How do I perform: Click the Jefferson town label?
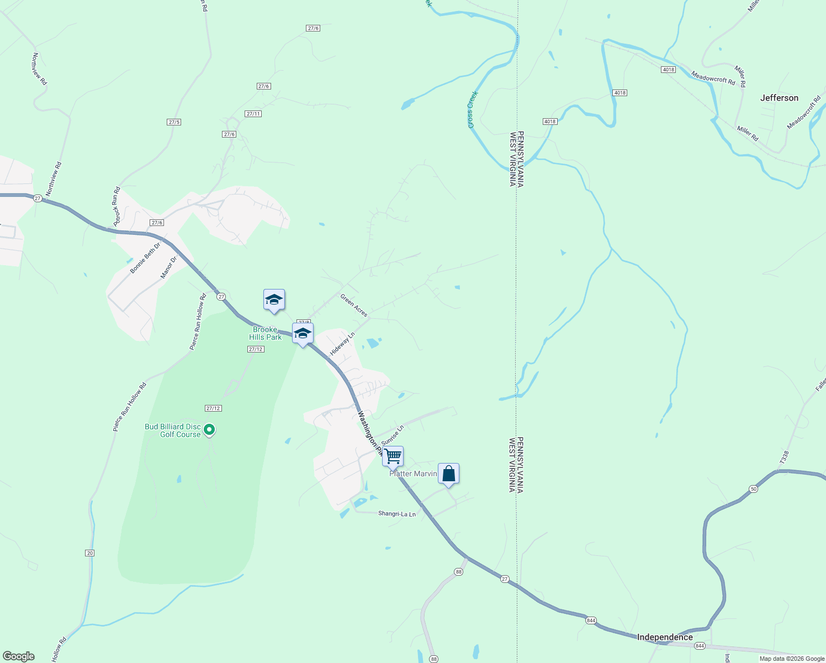coord(779,98)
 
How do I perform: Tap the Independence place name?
coord(665,637)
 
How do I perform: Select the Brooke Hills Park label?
coord(266,333)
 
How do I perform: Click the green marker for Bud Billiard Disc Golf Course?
coord(209,429)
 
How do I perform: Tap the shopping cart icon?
coord(393,457)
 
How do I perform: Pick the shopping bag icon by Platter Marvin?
coord(449,473)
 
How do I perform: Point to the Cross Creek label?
coord(473,109)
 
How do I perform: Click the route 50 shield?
coord(754,489)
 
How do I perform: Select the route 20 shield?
coord(90,553)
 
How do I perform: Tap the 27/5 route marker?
coord(174,122)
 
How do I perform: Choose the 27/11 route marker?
coord(253,114)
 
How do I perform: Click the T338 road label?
coord(785,456)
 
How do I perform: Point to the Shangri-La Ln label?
coord(396,514)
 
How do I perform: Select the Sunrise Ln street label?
coord(393,435)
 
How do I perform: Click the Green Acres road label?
coord(354,306)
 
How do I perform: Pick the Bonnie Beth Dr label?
coord(145,258)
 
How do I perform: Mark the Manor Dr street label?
coord(168,267)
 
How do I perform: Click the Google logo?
coord(19,656)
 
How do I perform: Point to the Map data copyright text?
coord(792,659)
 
